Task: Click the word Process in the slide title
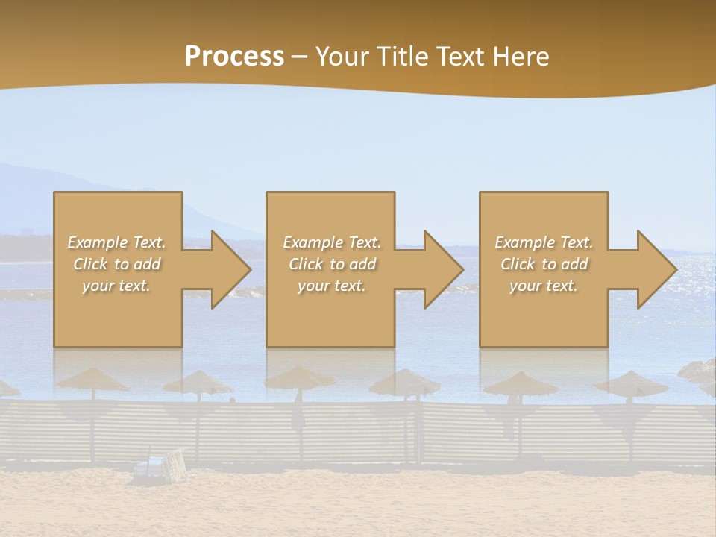coord(234,57)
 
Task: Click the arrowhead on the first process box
coord(227,269)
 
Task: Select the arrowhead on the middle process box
coord(440,269)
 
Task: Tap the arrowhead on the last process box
coord(653,269)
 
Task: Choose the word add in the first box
coord(147,264)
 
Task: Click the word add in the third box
coord(574,264)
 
